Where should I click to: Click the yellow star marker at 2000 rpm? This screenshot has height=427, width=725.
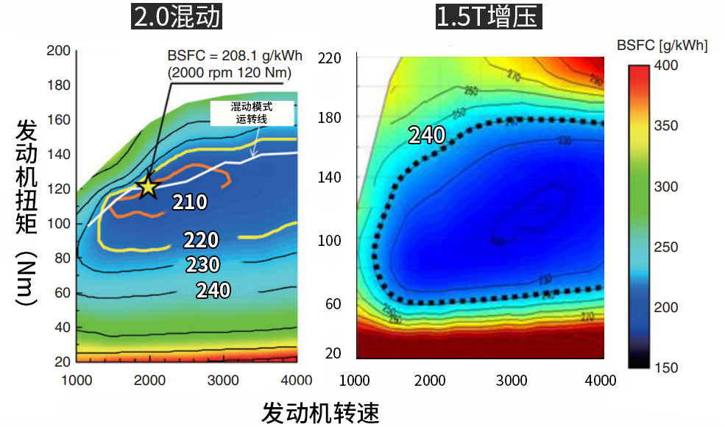coord(147,186)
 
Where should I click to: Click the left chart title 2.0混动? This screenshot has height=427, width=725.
coord(177,17)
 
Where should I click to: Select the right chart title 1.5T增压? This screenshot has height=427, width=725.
coord(488,17)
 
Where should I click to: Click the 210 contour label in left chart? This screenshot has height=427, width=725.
coord(190,202)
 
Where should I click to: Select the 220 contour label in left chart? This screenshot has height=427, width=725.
coord(201,239)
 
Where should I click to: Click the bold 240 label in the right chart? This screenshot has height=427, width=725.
coord(427,135)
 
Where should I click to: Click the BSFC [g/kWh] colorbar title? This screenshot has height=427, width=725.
coord(662,46)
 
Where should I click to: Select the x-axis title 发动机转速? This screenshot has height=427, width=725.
coord(320,412)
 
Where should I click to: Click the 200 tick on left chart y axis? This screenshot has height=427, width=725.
coord(58,51)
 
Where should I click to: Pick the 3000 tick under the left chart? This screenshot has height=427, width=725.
coord(223,379)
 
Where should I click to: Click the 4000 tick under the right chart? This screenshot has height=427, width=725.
coord(601,380)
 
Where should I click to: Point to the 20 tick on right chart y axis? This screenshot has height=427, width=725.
coord(333,353)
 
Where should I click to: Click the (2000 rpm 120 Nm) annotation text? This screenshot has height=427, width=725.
coord(229,73)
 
